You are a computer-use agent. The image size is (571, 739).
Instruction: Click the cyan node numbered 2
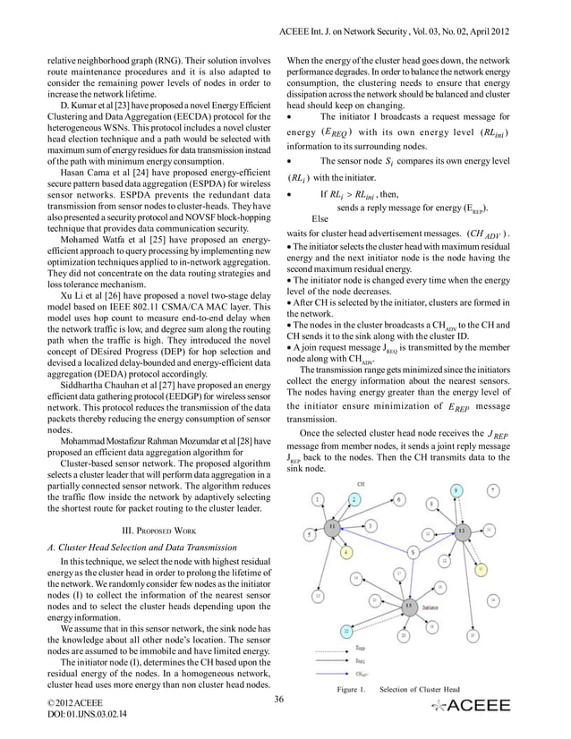coord(355,497)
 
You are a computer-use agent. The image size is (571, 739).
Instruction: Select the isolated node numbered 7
coord(494,490)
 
